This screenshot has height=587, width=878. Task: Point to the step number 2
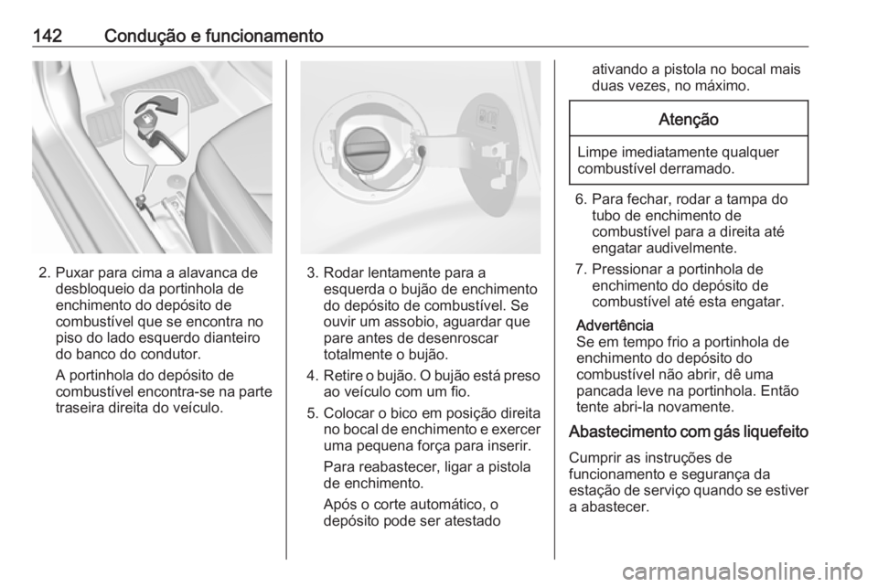tap(43, 272)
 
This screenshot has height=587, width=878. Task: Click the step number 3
tap(311, 272)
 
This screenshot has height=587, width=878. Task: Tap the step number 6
tap(580, 197)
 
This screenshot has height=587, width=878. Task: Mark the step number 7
tap(580, 270)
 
